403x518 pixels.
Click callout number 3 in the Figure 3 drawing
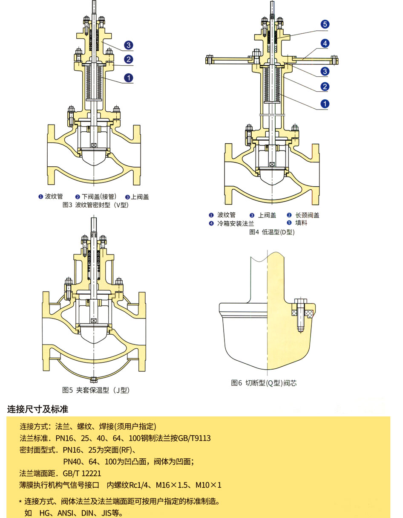click(x=129, y=46)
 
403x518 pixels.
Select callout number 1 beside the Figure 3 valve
click(x=129, y=78)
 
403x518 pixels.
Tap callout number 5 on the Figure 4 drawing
click(x=325, y=25)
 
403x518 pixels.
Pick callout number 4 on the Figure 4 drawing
click(x=325, y=43)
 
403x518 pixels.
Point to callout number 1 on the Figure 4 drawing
click(x=325, y=104)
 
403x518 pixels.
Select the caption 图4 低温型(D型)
click(x=272, y=232)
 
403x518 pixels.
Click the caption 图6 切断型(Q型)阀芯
click(x=264, y=382)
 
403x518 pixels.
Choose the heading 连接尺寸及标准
click(x=38, y=409)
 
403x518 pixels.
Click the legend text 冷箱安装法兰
click(x=235, y=223)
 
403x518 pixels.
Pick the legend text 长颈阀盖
click(x=307, y=215)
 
